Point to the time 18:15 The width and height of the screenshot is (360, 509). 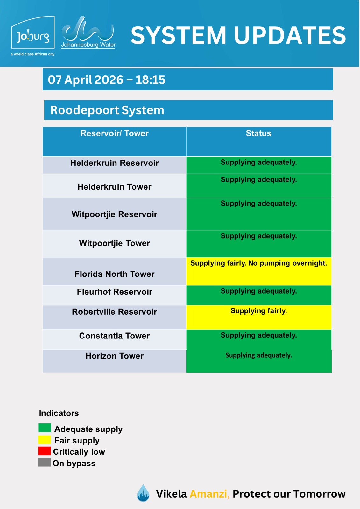click(150, 80)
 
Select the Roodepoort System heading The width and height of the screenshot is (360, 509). click(107, 110)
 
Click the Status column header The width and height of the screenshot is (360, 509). click(258, 134)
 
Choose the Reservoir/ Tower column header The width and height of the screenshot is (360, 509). click(114, 134)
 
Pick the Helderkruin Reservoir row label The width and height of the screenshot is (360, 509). click(114, 163)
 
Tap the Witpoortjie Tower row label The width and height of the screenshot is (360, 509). click(114, 243)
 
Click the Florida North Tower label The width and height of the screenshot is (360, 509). click(114, 274)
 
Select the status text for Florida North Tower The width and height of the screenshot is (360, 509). click(258, 263)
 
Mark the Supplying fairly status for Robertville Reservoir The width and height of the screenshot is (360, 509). click(258, 311)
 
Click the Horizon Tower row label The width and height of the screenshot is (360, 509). click(114, 356)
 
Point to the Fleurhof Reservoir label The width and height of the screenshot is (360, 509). click(114, 292)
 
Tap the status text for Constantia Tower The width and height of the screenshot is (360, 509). click(258, 335)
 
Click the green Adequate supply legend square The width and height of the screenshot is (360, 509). click(45, 428)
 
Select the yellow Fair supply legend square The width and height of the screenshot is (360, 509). click(45, 440)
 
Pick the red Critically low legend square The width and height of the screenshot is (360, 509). click(45, 451)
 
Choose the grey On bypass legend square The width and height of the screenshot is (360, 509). click(45, 462)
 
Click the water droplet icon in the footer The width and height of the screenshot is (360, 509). click(143, 493)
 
